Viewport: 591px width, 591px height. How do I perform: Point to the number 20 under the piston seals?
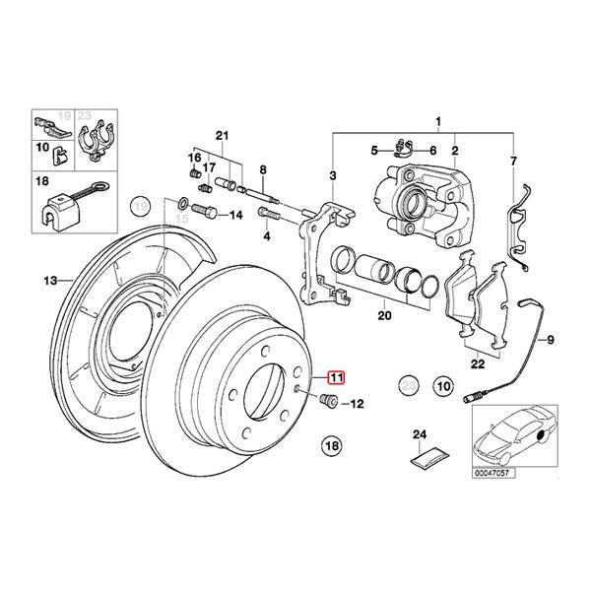pos(384,316)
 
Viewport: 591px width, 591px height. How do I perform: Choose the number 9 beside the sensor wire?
pos(551,340)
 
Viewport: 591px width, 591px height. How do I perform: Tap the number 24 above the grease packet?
pos(418,433)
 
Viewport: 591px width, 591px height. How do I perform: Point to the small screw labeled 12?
pos(331,402)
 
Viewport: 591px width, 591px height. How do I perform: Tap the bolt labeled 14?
pos(204,212)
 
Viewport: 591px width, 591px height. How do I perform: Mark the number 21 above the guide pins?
pos(222,135)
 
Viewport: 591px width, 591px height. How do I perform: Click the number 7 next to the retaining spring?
pos(512,161)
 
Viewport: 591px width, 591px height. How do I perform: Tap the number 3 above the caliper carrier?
pos(333,175)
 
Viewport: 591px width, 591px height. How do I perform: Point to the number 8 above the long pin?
pos(263,170)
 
